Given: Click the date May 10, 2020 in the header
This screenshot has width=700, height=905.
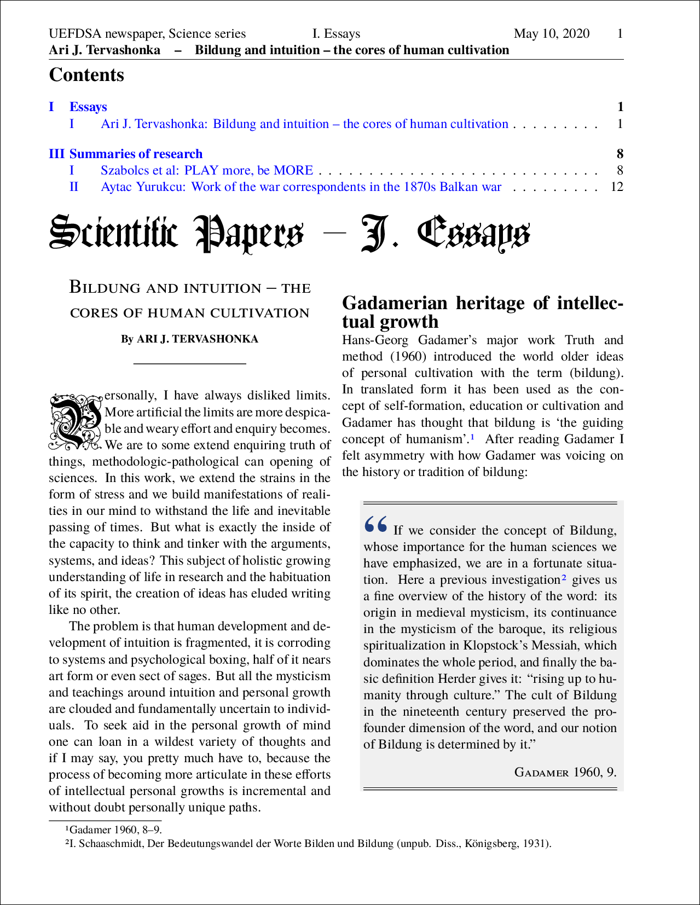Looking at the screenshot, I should click(551, 34).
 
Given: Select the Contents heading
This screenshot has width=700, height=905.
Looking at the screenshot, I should click(86, 75).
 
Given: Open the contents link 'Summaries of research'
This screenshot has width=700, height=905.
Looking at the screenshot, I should click(136, 154).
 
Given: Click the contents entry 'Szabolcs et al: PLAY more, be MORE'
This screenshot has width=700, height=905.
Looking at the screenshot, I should click(206, 170).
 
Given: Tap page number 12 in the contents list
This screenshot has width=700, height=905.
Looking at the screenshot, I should click(617, 187).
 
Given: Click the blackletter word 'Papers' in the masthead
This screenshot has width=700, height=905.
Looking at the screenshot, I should click(250, 234).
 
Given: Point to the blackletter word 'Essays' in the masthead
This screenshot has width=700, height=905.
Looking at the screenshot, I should click(473, 234).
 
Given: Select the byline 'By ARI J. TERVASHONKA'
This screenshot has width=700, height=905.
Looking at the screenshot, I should click(189, 339).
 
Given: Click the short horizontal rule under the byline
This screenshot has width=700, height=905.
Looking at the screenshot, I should click(189, 363).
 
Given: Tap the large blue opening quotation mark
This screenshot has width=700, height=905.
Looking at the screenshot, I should click(375, 524).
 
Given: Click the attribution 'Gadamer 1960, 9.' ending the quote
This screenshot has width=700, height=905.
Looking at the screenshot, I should click(565, 772).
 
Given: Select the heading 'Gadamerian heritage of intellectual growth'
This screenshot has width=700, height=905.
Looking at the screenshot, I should click(482, 312).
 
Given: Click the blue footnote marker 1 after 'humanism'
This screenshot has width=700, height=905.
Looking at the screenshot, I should click(473, 437).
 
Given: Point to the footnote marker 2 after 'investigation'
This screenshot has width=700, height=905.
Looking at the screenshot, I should click(564, 578).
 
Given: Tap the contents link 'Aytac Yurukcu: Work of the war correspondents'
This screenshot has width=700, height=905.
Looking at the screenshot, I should click(300, 187).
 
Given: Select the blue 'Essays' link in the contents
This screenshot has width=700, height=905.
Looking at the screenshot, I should click(88, 107).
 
